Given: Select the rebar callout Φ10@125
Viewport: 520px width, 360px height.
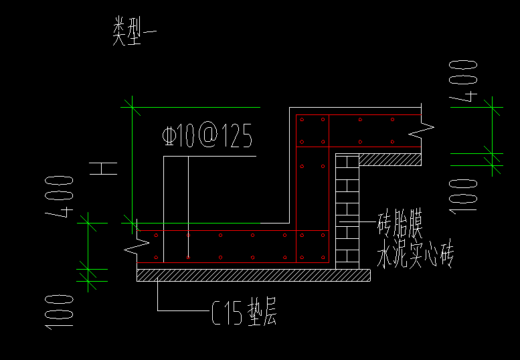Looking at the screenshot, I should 207,137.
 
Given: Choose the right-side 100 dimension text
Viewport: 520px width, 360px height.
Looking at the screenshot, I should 463,195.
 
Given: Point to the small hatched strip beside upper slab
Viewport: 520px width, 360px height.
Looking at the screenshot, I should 391,160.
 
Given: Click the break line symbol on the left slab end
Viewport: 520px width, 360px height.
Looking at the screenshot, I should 136,244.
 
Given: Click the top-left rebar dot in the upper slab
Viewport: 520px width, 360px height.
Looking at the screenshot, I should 302,120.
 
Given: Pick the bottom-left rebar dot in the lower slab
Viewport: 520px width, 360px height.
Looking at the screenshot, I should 155,257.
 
